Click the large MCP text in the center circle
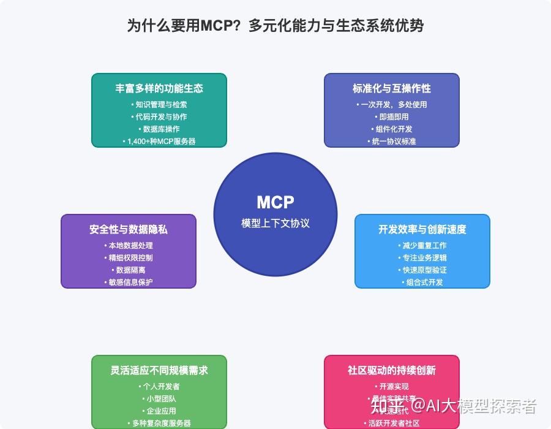[x=275, y=202]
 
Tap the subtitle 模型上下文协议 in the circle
[x=275, y=223]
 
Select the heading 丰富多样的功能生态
[x=159, y=88]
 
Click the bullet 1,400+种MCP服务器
[x=159, y=141]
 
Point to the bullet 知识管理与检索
[x=159, y=104]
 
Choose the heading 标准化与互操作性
[x=392, y=88]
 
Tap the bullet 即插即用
[x=392, y=116]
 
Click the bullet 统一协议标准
[x=392, y=141]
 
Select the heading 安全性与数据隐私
[x=129, y=229]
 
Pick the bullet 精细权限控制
[x=129, y=257]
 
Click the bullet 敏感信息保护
[x=129, y=282]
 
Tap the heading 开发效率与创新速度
[x=422, y=229]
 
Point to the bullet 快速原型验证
[x=422, y=270]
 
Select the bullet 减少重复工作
[x=422, y=245]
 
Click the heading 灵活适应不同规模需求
[x=159, y=370]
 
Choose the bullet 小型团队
[x=159, y=398]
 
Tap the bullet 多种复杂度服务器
[x=159, y=423]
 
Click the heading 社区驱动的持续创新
[x=392, y=370]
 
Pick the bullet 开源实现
[x=392, y=386]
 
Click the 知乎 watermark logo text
[x=387, y=406]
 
